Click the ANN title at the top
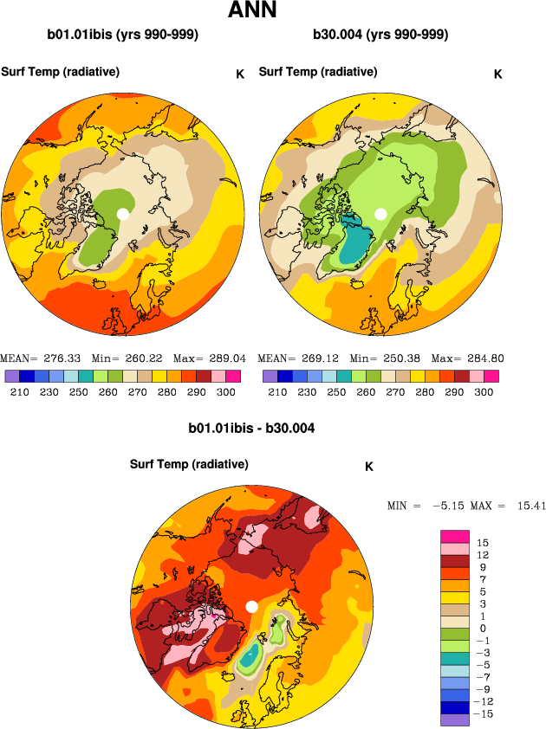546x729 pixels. [251, 11]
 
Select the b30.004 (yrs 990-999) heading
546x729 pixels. [380, 35]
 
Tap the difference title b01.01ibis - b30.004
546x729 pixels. [251, 428]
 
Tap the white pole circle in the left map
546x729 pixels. [123, 213]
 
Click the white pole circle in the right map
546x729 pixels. [380, 213]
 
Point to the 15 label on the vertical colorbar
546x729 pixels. [483, 543]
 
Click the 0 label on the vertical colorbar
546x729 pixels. [482, 628]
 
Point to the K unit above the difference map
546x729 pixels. [369, 467]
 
